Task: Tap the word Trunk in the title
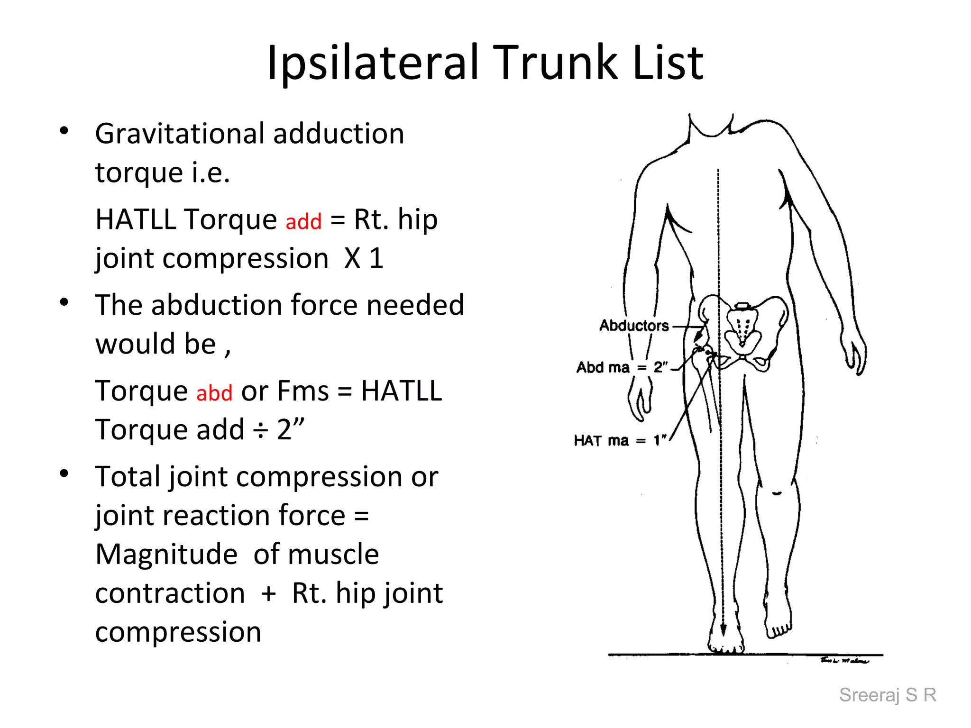pyautogui.click(x=557, y=63)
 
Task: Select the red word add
pyautogui.click(x=303, y=221)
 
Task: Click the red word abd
pyautogui.click(x=214, y=393)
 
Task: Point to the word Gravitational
pyautogui.click(x=179, y=134)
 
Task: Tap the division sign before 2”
pyautogui.click(x=260, y=430)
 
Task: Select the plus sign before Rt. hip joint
pyautogui.click(x=268, y=593)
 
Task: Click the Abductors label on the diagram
pyautogui.click(x=634, y=326)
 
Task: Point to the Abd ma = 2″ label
pyautogui.click(x=622, y=367)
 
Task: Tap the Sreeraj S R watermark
pyautogui.click(x=888, y=695)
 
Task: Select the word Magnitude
pyautogui.click(x=166, y=555)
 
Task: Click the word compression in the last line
pyautogui.click(x=178, y=632)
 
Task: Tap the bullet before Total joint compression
pyautogui.click(x=64, y=473)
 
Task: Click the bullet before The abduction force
pyautogui.click(x=64, y=302)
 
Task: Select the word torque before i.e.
pyautogui.click(x=139, y=173)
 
